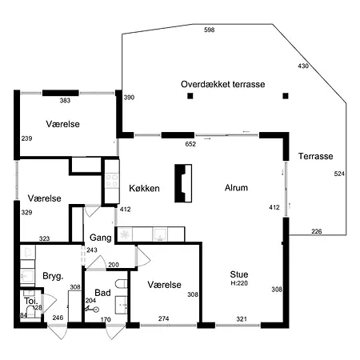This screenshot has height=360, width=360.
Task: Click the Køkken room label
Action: point(144,188)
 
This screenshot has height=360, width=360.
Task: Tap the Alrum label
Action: point(236,188)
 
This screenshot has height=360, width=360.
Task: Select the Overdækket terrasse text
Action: point(223,84)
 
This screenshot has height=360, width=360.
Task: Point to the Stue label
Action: point(239,274)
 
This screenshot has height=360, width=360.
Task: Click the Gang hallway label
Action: point(101,238)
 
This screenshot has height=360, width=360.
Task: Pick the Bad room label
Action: point(102,293)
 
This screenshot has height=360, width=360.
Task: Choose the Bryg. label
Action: point(53,276)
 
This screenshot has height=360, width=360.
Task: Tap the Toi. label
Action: point(31,301)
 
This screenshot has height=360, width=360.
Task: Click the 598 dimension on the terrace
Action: point(210,30)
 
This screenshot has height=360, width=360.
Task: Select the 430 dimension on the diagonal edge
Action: point(303,66)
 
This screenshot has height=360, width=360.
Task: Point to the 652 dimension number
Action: point(190,144)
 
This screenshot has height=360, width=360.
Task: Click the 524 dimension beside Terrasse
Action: point(339,174)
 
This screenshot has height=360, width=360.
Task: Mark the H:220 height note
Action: point(239,283)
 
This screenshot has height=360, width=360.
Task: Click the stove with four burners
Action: point(112,181)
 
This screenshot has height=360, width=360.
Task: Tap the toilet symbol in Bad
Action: point(122,284)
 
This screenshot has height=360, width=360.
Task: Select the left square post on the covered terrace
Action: point(190,96)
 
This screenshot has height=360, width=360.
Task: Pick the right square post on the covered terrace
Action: point(286,96)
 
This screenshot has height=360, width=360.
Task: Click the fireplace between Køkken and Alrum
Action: point(183,183)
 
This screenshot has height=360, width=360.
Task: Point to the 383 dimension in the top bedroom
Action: point(65,101)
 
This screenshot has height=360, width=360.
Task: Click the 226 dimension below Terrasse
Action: point(317,231)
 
